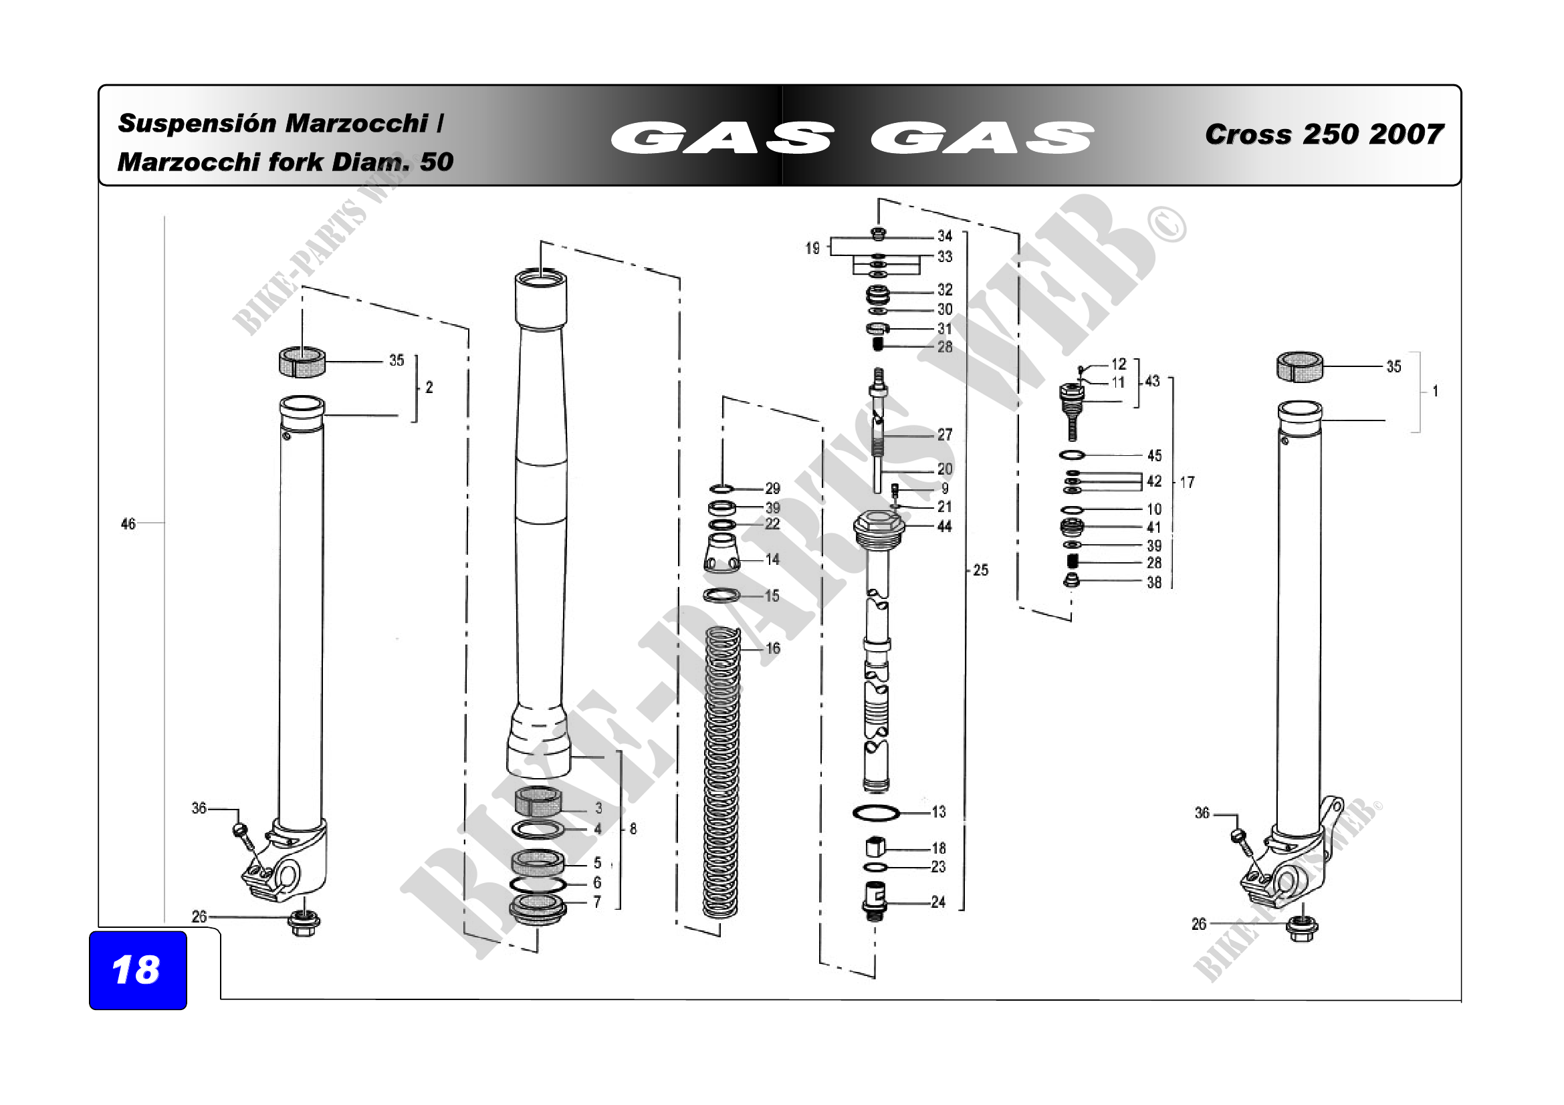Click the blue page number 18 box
tap(138, 969)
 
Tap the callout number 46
tap(128, 523)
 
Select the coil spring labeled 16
tap(721, 772)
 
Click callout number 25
tap(980, 570)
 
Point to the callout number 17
tap(1187, 482)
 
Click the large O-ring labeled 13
tap(876, 812)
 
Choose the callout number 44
tap(944, 526)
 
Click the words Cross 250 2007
tap(1323, 134)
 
